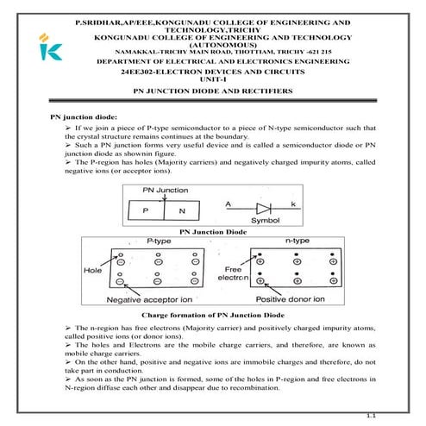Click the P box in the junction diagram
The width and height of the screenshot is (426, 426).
pyautogui.click(x=146, y=210)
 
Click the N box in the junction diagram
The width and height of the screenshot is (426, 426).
pyautogui.click(x=181, y=210)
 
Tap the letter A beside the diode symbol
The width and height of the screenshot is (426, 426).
pyautogui.click(x=229, y=204)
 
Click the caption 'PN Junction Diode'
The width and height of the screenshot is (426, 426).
pyautogui.click(x=212, y=232)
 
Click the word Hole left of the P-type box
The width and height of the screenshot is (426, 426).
pyautogui.click(x=93, y=269)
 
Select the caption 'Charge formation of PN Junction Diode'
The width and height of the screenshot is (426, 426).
pyautogui.click(x=213, y=316)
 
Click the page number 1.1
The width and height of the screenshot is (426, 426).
pyautogui.click(x=373, y=417)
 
